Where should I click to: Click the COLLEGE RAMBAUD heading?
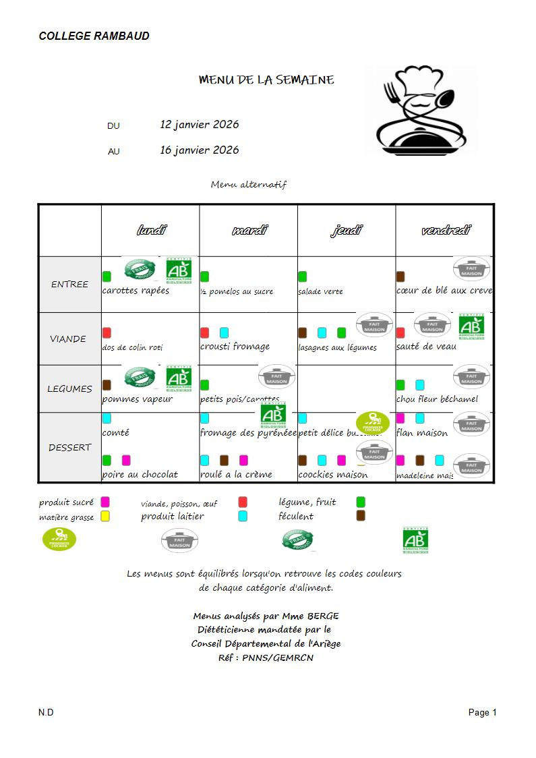[94, 36]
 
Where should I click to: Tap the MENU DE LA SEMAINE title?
[266, 80]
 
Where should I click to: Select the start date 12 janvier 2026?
[199, 125]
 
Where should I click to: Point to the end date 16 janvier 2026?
[199, 150]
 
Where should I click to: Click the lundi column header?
[151, 231]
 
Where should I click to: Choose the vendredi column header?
[446, 231]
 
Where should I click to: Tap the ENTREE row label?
[69, 285]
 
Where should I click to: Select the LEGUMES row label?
[69, 389]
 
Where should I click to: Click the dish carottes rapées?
[136, 291]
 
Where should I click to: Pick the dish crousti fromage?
[235, 347]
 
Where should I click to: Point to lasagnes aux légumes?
[337, 348]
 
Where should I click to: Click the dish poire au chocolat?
[140, 475]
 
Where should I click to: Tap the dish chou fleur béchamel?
[437, 399]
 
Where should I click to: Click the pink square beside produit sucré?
[105, 502]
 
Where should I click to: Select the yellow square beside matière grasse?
[105, 517]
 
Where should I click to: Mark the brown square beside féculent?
[361, 516]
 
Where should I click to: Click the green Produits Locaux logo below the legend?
[59, 540]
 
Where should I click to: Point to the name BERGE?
[323, 616]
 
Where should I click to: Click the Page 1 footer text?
[483, 712]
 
